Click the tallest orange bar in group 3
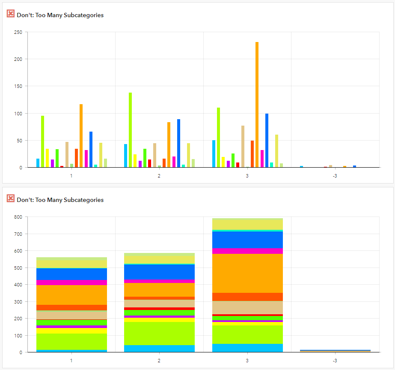click(x=257, y=105)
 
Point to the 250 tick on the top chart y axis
click(x=18, y=32)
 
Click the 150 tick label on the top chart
click(x=18, y=86)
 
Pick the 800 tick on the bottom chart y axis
click(x=18, y=217)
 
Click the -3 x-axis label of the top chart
click(x=335, y=176)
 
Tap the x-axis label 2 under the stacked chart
click(x=159, y=361)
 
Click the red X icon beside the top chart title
click(x=11, y=14)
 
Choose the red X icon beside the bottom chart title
click(x=11, y=199)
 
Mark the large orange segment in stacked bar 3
click(x=247, y=273)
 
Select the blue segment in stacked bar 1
click(x=71, y=274)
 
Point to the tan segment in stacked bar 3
click(x=247, y=307)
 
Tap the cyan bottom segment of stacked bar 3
click(x=247, y=348)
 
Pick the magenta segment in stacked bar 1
click(x=71, y=283)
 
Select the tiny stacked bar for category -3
click(x=335, y=351)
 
